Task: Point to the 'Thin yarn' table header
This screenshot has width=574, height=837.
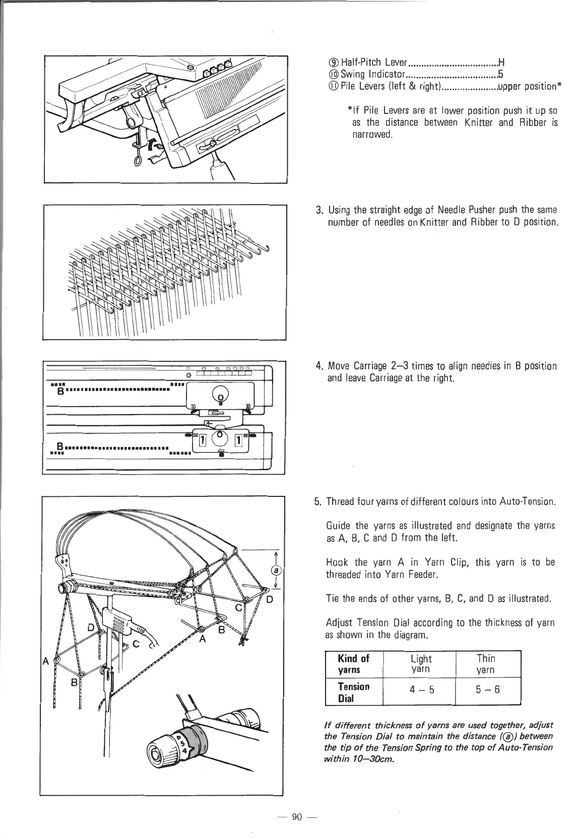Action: [x=486, y=664]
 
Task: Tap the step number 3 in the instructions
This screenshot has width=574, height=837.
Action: [x=318, y=210]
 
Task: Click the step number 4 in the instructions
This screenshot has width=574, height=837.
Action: [x=318, y=366]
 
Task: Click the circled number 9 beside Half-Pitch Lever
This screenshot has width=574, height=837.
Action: [x=331, y=62]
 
